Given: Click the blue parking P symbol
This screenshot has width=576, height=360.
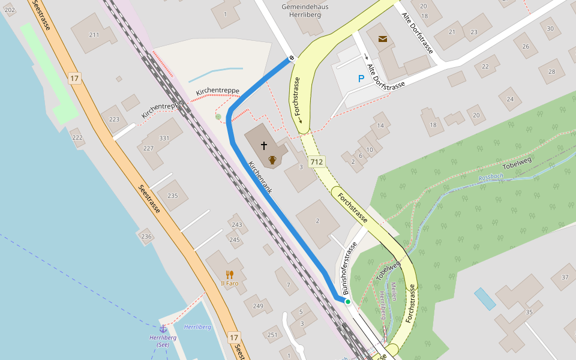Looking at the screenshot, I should click(x=361, y=79).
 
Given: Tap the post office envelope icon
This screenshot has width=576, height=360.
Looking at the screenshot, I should click(x=383, y=40).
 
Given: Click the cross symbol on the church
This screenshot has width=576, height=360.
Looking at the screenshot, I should click(x=263, y=146).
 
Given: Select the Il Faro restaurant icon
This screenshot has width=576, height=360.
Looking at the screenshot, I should click(x=229, y=275).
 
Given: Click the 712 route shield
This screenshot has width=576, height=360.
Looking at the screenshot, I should click(x=316, y=162).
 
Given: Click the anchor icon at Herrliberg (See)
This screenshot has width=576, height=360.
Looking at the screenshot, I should click(x=163, y=328).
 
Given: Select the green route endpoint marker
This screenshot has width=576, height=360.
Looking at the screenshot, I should click(x=347, y=302).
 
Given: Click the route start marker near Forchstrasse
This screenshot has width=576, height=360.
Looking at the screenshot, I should click(x=292, y=58).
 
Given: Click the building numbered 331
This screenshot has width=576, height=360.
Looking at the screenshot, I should click(x=164, y=139).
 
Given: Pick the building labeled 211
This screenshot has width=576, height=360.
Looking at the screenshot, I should click(x=94, y=35).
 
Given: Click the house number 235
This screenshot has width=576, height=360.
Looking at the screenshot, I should click(x=173, y=196).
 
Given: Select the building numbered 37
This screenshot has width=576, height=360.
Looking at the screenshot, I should click(x=564, y=277).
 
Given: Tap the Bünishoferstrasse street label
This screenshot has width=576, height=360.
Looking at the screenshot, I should click(x=350, y=268).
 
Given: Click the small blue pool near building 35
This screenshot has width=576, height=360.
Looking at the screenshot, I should click(x=485, y=298).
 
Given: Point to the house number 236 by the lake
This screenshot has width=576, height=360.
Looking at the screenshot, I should click(x=146, y=237).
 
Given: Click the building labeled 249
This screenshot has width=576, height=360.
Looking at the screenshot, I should click(x=258, y=306).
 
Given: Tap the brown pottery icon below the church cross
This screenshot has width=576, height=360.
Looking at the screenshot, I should click(x=272, y=160).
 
